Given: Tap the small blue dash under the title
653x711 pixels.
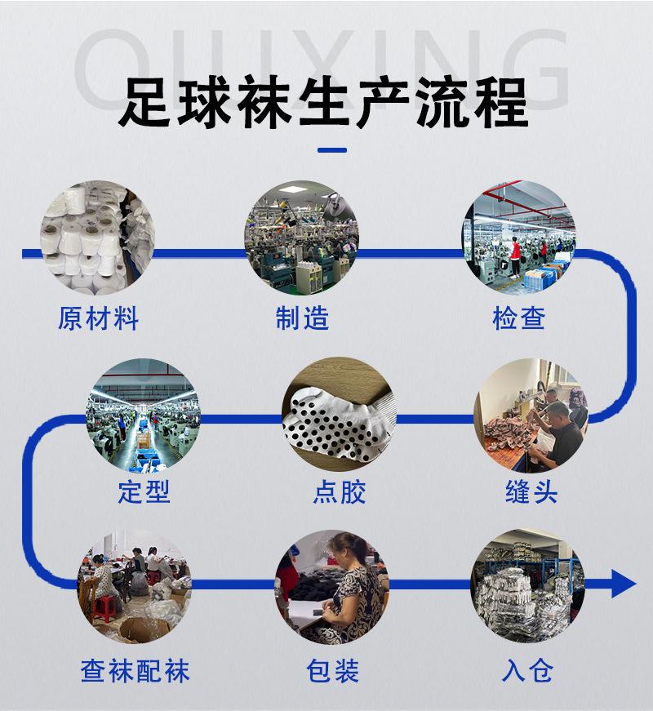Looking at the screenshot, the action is [x=331, y=150].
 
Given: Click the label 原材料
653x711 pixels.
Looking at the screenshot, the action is [x=98, y=318].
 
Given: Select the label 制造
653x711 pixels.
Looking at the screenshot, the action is [x=302, y=318].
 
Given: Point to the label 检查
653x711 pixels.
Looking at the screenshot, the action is [x=518, y=318].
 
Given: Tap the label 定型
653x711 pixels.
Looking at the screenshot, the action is [x=144, y=493].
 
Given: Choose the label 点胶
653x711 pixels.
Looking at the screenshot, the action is [x=339, y=493].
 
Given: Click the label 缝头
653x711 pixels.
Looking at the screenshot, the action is [x=531, y=493].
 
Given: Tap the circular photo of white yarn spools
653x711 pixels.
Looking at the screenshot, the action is [x=98, y=238].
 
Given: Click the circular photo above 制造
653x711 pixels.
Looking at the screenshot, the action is [x=302, y=238].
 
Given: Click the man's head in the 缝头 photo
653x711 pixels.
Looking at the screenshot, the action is [x=557, y=410].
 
